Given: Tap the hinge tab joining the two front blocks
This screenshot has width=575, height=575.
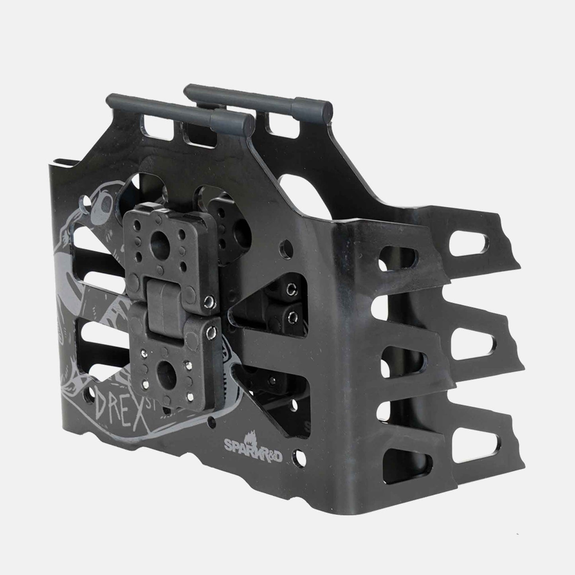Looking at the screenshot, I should pos(163,306).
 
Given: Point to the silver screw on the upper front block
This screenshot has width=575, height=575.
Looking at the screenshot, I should pos(208,300).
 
